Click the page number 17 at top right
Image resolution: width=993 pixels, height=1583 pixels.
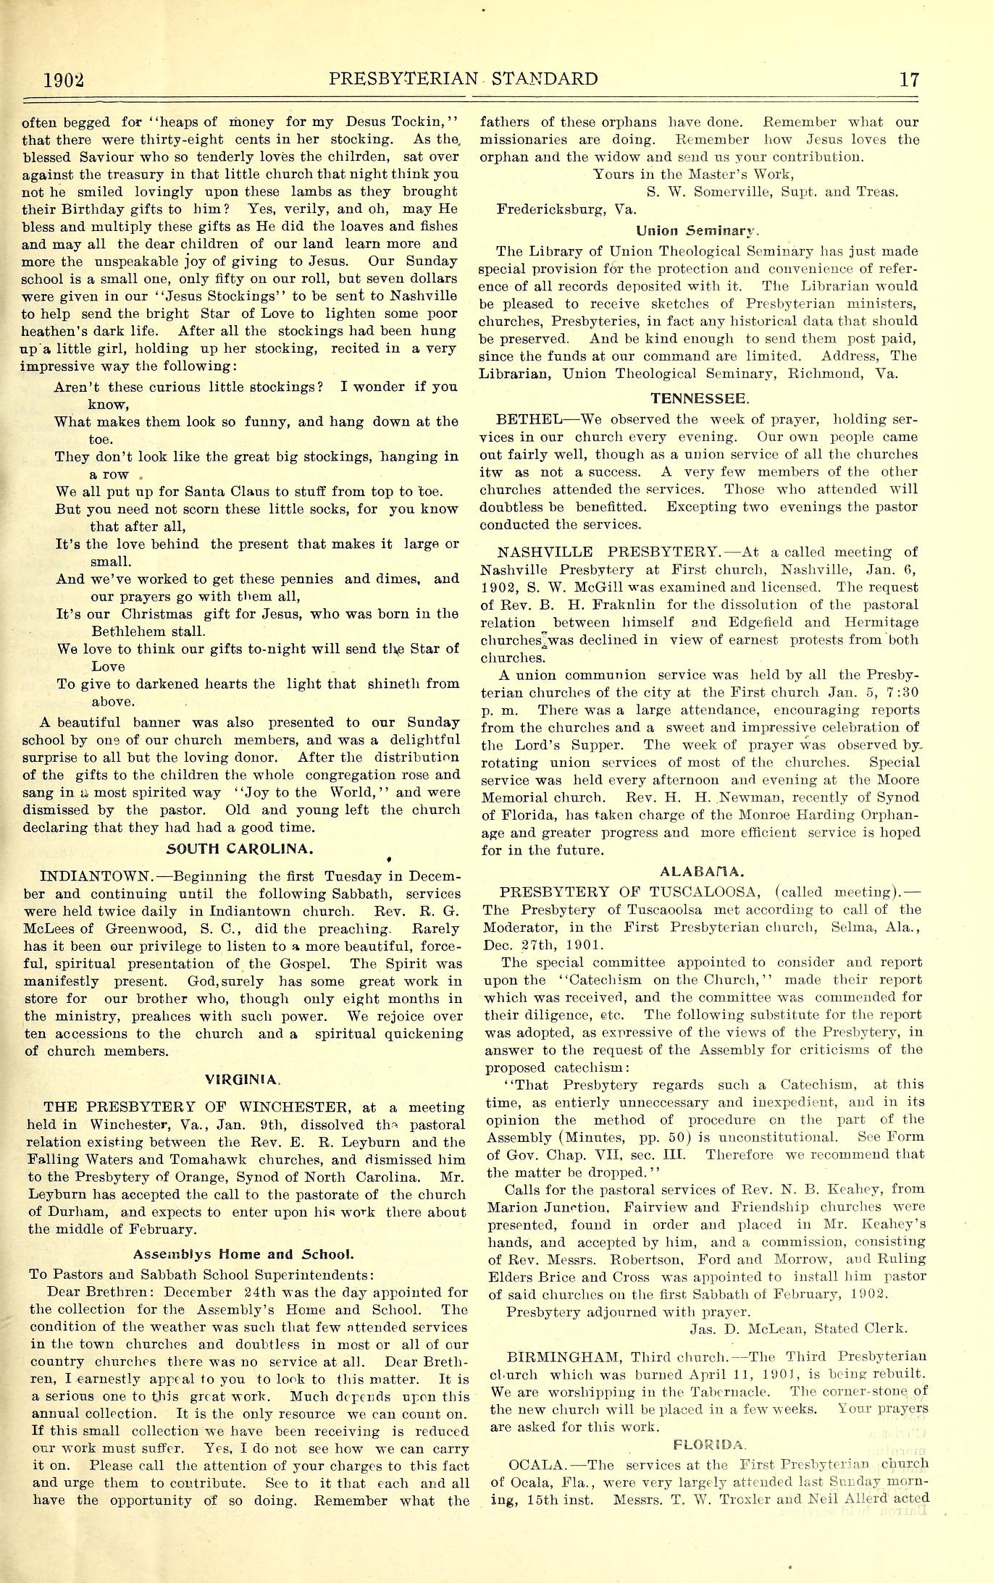pyautogui.click(x=908, y=78)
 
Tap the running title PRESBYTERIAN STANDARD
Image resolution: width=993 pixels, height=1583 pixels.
pyautogui.click(x=464, y=78)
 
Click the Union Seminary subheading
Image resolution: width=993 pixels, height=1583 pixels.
pyautogui.click(x=698, y=232)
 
